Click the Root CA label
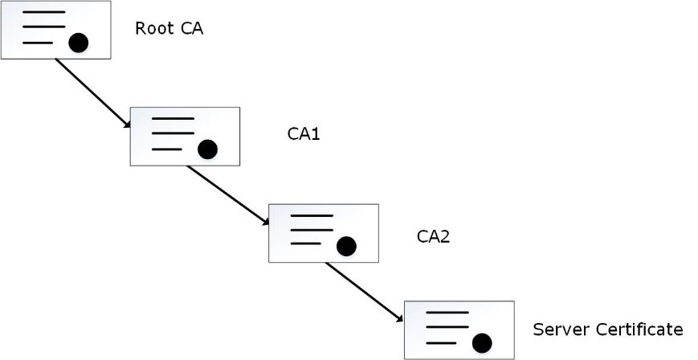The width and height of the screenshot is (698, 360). pos(169,29)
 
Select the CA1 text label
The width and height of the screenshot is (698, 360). pos(304,134)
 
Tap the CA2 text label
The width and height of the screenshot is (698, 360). pos(433,236)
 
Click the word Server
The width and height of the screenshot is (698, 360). pos(557,329)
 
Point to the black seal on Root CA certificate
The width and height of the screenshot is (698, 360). pos(78,43)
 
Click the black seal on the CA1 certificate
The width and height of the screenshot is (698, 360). pos(207,149)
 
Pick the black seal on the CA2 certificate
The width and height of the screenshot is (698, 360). pos(345,246)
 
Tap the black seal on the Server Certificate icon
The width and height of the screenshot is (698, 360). pos(481,344)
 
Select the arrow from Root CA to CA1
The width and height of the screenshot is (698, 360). pos(92,93)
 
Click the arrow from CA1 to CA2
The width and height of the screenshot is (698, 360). pos(228,195)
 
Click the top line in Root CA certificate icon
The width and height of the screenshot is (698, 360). pos(43,14)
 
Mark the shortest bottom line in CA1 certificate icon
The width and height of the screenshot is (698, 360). pos(166,149)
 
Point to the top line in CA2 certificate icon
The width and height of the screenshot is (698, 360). pos(311,216)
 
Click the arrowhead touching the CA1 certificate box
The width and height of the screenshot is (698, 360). pos(126,124)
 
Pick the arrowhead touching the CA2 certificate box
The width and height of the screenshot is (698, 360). pos(264,223)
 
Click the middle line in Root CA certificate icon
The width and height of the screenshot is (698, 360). pos(43,27)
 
